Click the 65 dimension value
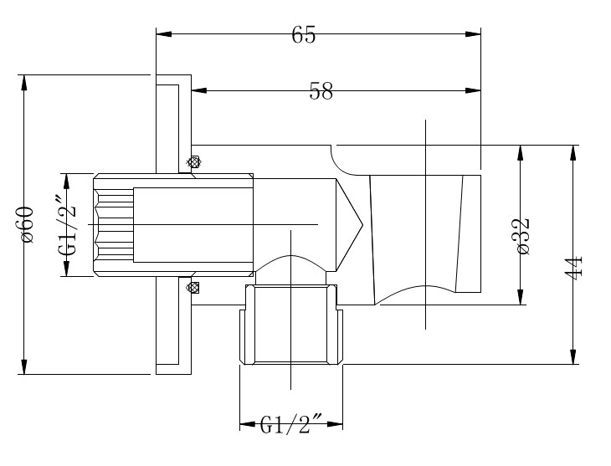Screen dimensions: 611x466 (304, 34)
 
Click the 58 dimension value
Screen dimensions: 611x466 (321, 91)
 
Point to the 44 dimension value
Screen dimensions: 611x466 (573, 267)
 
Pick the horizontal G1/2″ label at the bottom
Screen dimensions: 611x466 (291, 424)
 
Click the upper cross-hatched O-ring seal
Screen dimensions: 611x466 (193, 162)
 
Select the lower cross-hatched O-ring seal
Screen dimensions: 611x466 (193, 288)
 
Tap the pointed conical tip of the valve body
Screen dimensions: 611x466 (362, 225)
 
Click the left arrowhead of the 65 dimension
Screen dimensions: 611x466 (164, 34)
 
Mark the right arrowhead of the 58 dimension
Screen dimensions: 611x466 (473, 91)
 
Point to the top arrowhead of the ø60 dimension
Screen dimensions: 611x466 (24, 83)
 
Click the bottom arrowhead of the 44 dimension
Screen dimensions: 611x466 (572, 356)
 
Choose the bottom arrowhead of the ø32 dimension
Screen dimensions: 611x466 (521, 296)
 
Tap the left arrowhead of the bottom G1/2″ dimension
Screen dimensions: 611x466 (248, 424)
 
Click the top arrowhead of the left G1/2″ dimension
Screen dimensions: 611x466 (66, 182)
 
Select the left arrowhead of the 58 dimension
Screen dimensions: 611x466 (199, 91)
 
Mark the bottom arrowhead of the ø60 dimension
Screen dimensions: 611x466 (24, 366)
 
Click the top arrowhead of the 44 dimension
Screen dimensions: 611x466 (572, 153)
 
